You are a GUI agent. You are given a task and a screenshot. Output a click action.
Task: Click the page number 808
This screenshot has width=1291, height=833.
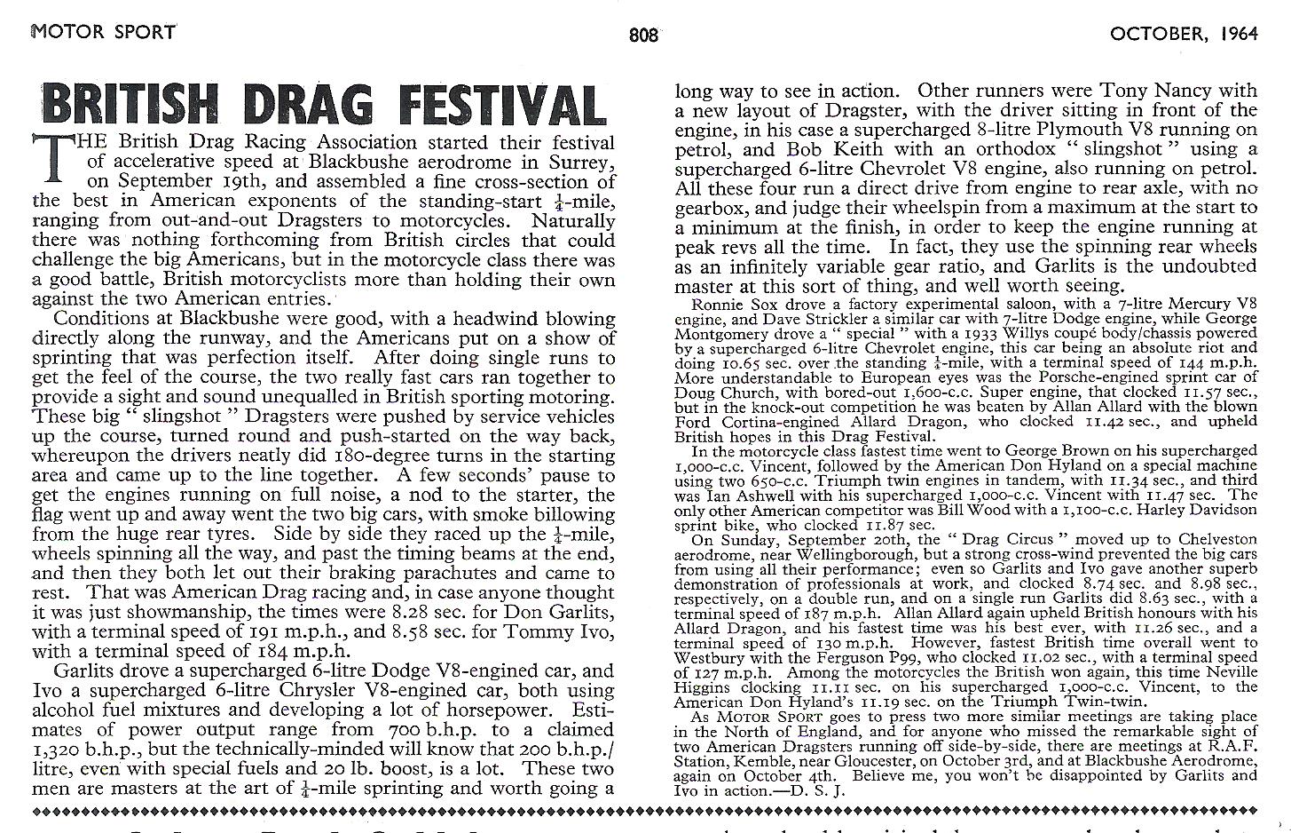643,35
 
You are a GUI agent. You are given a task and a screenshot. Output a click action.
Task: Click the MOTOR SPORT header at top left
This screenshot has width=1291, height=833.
104,32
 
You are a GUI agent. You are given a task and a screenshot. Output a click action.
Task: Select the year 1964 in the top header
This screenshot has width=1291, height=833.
1239,34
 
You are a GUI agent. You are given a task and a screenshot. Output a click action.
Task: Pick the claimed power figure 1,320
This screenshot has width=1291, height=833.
59,750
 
